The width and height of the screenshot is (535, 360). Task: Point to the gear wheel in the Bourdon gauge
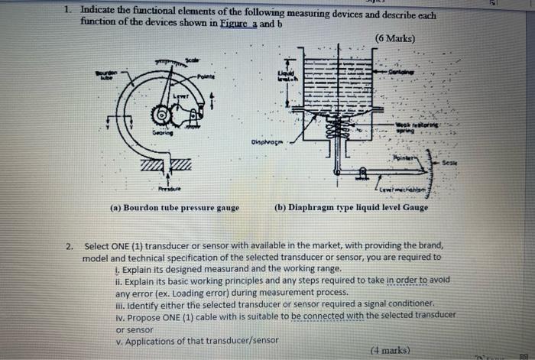click(x=161, y=115)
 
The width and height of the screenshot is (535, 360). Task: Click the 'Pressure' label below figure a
click(x=167, y=188)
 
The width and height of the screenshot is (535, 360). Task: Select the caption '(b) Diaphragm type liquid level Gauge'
click(x=351, y=208)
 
